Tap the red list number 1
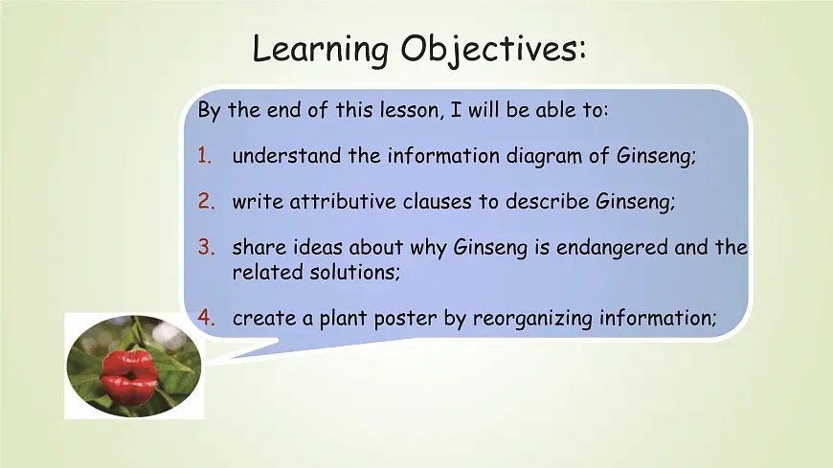(x=205, y=156)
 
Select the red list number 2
(x=206, y=202)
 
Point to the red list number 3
(x=206, y=248)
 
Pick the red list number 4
(x=206, y=319)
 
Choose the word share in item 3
(x=257, y=248)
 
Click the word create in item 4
(x=264, y=319)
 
